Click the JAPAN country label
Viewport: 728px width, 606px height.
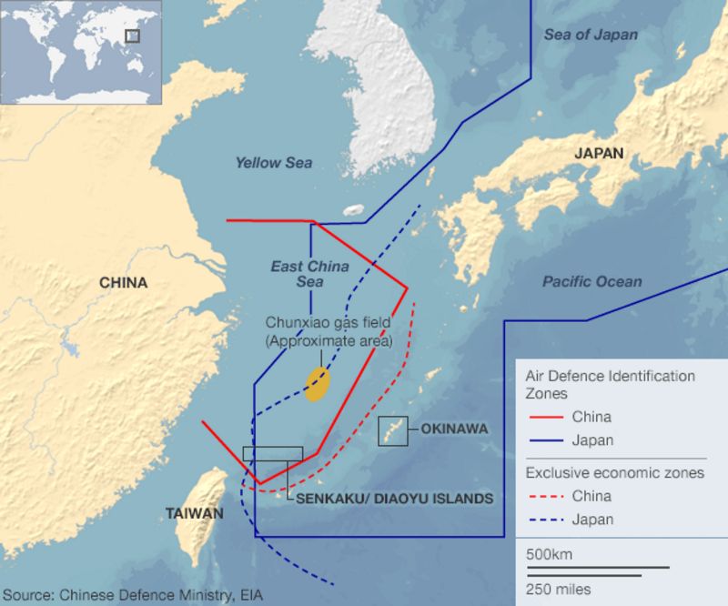pyautogui.click(x=598, y=154)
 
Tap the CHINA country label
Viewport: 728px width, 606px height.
pyautogui.click(x=123, y=283)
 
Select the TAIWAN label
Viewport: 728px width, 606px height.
pyautogui.click(x=194, y=513)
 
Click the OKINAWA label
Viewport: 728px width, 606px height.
pyautogui.click(x=454, y=429)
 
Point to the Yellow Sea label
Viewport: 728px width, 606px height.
pyautogui.click(x=273, y=163)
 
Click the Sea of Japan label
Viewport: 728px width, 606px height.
pyautogui.click(x=591, y=35)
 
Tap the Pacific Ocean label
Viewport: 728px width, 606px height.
pyautogui.click(x=591, y=282)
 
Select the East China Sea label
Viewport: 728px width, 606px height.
pyautogui.click(x=309, y=274)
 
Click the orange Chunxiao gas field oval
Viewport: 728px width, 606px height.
pyautogui.click(x=317, y=384)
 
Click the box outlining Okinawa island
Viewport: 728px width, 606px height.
pyautogui.click(x=393, y=431)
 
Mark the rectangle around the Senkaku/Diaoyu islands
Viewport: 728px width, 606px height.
pyautogui.click(x=273, y=454)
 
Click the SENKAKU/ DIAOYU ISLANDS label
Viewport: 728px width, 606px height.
pyautogui.click(x=394, y=499)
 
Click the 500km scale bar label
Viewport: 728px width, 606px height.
pyautogui.click(x=549, y=555)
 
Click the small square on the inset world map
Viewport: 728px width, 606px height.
pyautogui.click(x=132, y=35)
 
